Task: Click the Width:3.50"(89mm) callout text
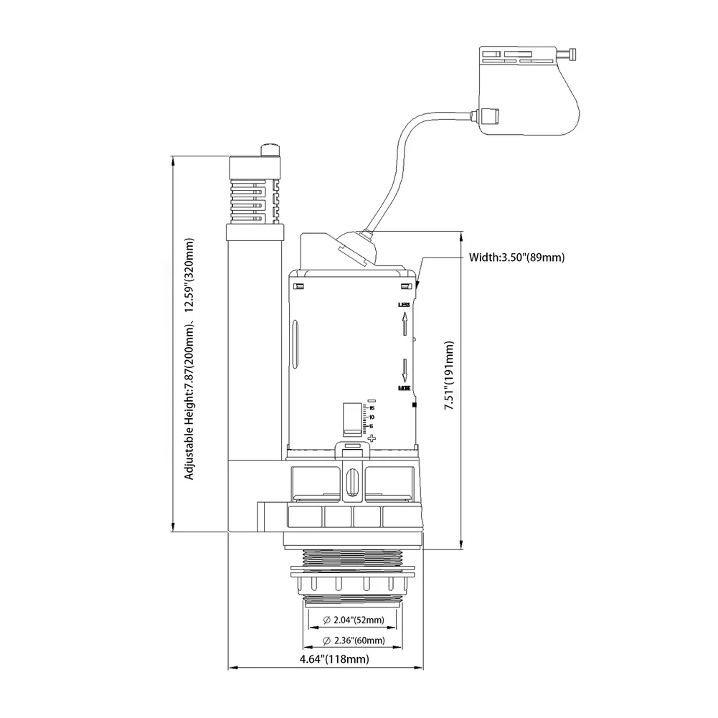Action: coord(516,257)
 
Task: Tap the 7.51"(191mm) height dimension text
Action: coord(449,375)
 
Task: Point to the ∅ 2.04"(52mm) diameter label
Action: coord(354,620)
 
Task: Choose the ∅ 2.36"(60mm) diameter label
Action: coord(354,640)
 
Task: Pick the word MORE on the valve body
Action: coord(405,388)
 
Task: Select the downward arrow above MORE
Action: coord(405,369)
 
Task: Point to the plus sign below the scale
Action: coord(371,437)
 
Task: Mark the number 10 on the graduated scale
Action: coord(371,417)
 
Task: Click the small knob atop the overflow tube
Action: coord(270,150)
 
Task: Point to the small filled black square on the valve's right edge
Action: coord(415,405)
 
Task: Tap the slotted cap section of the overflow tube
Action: coord(255,190)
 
